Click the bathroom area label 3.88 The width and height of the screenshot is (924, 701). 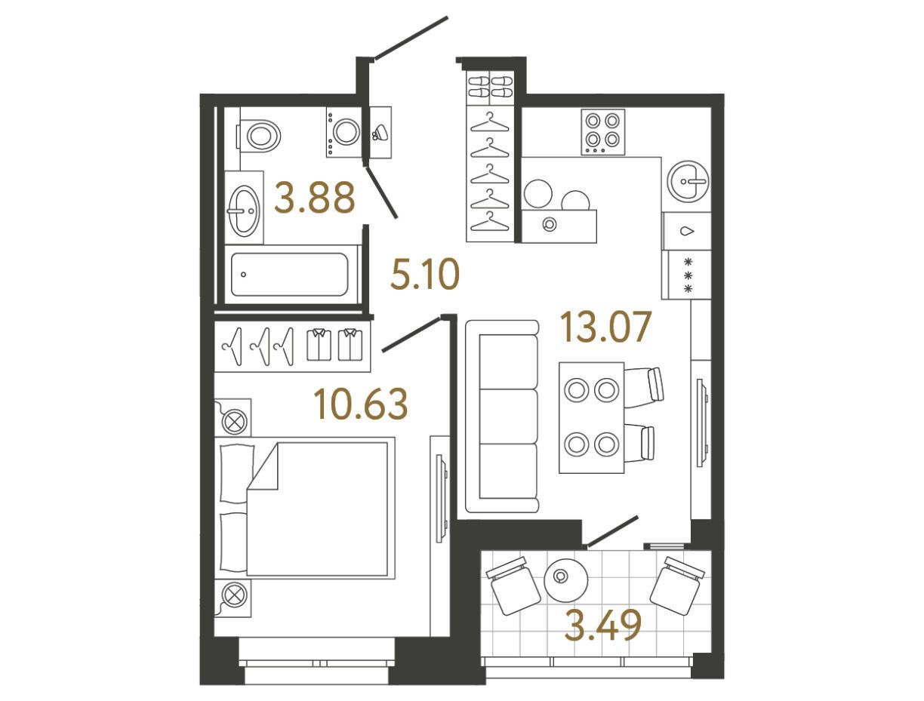pos(315,197)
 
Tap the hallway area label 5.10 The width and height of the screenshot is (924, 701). pos(425,274)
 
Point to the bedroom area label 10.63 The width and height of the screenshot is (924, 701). pos(361,404)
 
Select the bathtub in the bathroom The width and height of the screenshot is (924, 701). pos(290,275)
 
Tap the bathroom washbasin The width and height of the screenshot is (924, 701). pos(243,208)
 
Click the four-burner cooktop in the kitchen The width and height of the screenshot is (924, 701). pos(602,132)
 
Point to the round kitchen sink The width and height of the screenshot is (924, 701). pos(688,181)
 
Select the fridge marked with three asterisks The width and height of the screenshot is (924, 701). pos(686,275)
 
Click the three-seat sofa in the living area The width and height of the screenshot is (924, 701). pos(502,416)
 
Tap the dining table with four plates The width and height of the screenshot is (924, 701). pos(591,417)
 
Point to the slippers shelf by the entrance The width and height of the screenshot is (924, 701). pos(490,87)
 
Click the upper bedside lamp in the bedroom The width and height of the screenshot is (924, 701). pos(233,418)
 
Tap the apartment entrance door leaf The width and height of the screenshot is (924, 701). pos(411,38)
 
